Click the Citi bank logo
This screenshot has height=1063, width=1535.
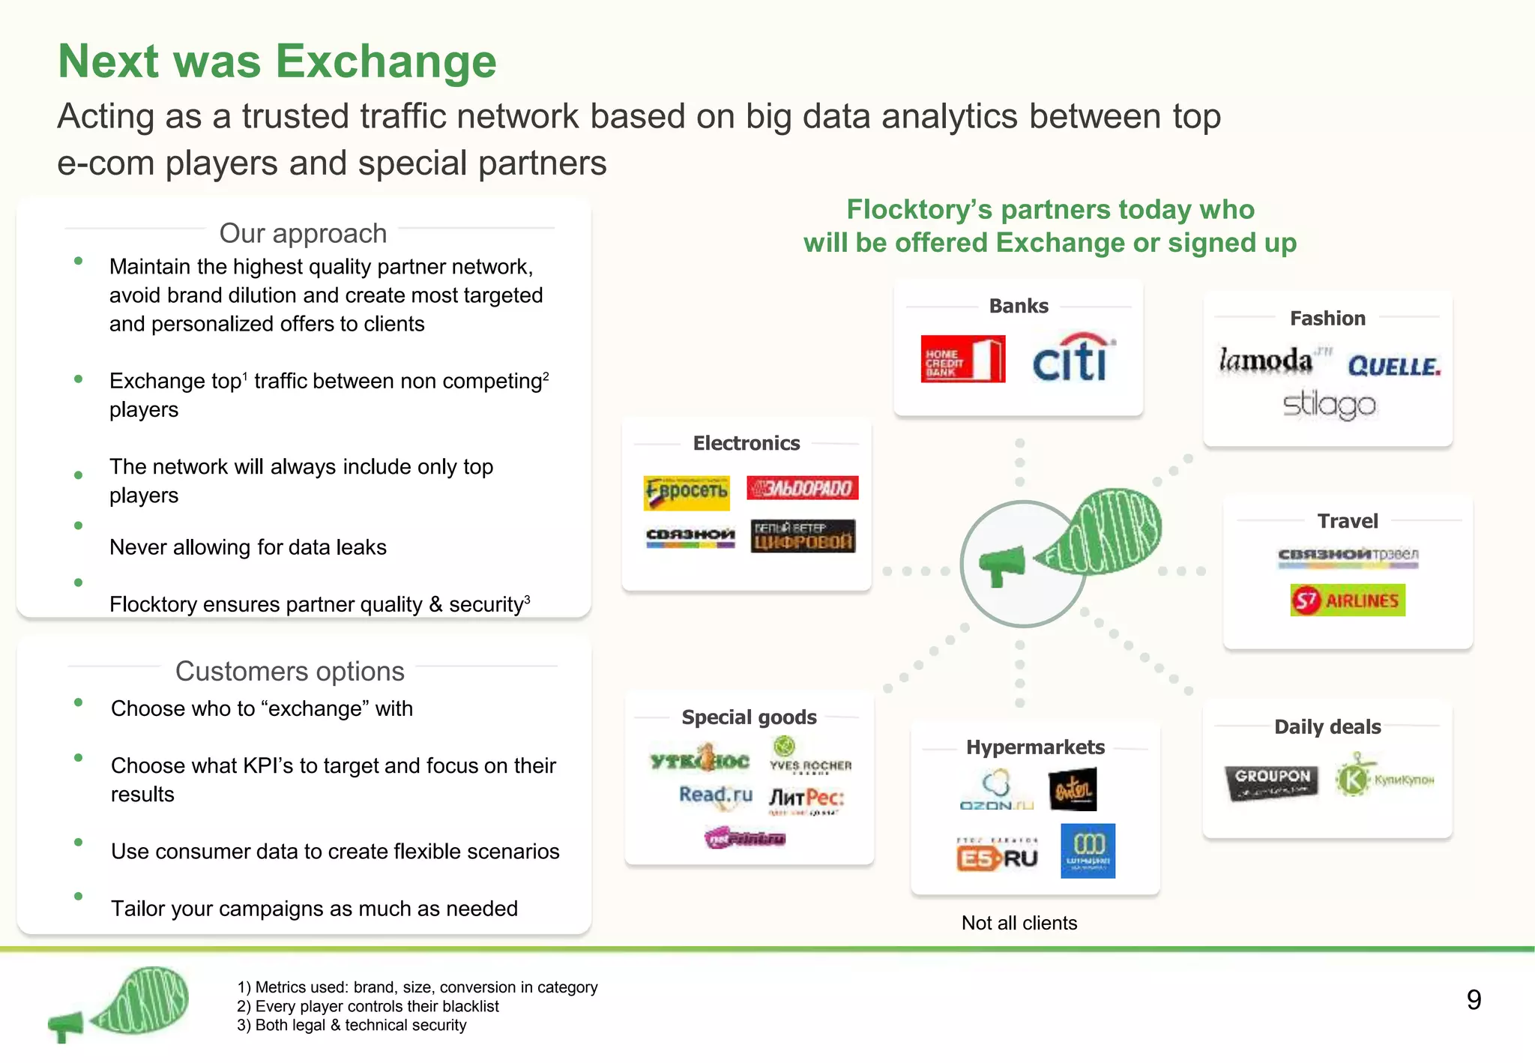[x=1072, y=358]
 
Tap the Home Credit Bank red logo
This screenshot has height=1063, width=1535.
[x=962, y=359]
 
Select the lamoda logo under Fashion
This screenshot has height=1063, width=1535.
[x=1266, y=361]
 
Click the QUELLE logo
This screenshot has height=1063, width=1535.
[x=1394, y=367]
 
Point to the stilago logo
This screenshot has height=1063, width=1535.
[x=1329, y=405]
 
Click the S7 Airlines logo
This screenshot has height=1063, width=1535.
[x=1348, y=600]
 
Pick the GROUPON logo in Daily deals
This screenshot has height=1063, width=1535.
[x=1272, y=781]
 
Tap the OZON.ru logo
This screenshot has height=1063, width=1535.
[x=996, y=790]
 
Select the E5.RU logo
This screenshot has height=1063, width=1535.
[x=997, y=857]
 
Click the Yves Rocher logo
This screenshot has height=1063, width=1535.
[x=810, y=756]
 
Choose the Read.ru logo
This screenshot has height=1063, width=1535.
[x=715, y=795]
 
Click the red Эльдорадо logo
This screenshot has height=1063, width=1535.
[x=802, y=489]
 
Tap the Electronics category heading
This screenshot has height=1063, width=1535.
[x=746, y=443]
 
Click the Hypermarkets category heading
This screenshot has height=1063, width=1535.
[x=1035, y=747]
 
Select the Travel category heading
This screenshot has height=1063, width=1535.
[x=1347, y=521]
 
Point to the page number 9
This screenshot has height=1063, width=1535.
[x=1474, y=1000]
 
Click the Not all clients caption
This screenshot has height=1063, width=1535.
[x=1019, y=923]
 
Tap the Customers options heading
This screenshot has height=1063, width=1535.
[x=289, y=671]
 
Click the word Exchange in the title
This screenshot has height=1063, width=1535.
[x=386, y=61]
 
